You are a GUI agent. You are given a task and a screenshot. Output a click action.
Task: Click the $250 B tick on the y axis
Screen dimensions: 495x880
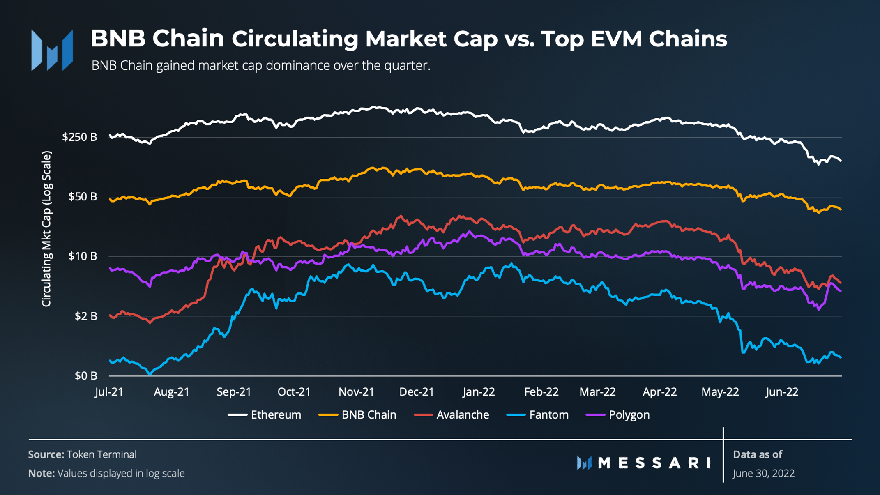tap(80, 137)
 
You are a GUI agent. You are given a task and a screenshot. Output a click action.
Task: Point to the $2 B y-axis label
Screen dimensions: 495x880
tap(86, 316)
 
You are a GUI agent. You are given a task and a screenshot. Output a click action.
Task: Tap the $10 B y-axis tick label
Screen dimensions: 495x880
tap(83, 256)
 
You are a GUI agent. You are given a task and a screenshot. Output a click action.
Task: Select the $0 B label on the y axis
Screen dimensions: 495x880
tap(86, 375)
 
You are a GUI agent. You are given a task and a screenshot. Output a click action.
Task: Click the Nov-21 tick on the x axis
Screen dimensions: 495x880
tap(356, 392)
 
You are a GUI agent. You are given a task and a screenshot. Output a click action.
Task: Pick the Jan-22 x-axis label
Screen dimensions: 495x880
tap(479, 392)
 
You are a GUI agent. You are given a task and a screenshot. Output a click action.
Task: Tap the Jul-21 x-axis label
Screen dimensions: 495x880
tap(109, 392)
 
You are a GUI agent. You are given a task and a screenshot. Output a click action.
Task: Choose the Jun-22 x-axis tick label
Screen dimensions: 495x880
tap(782, 392)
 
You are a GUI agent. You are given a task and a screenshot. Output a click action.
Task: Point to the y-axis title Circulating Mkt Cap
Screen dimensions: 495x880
tap(47, 229)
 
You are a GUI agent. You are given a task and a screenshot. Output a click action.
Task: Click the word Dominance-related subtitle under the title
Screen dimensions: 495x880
tap(260, 66)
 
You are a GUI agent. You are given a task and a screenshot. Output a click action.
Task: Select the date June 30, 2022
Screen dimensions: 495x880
tap(764, 473)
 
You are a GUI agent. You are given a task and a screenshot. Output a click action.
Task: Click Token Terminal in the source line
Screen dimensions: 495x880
tap(101, 454)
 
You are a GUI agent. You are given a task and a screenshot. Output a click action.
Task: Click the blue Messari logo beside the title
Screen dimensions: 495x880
tap(52, 50)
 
